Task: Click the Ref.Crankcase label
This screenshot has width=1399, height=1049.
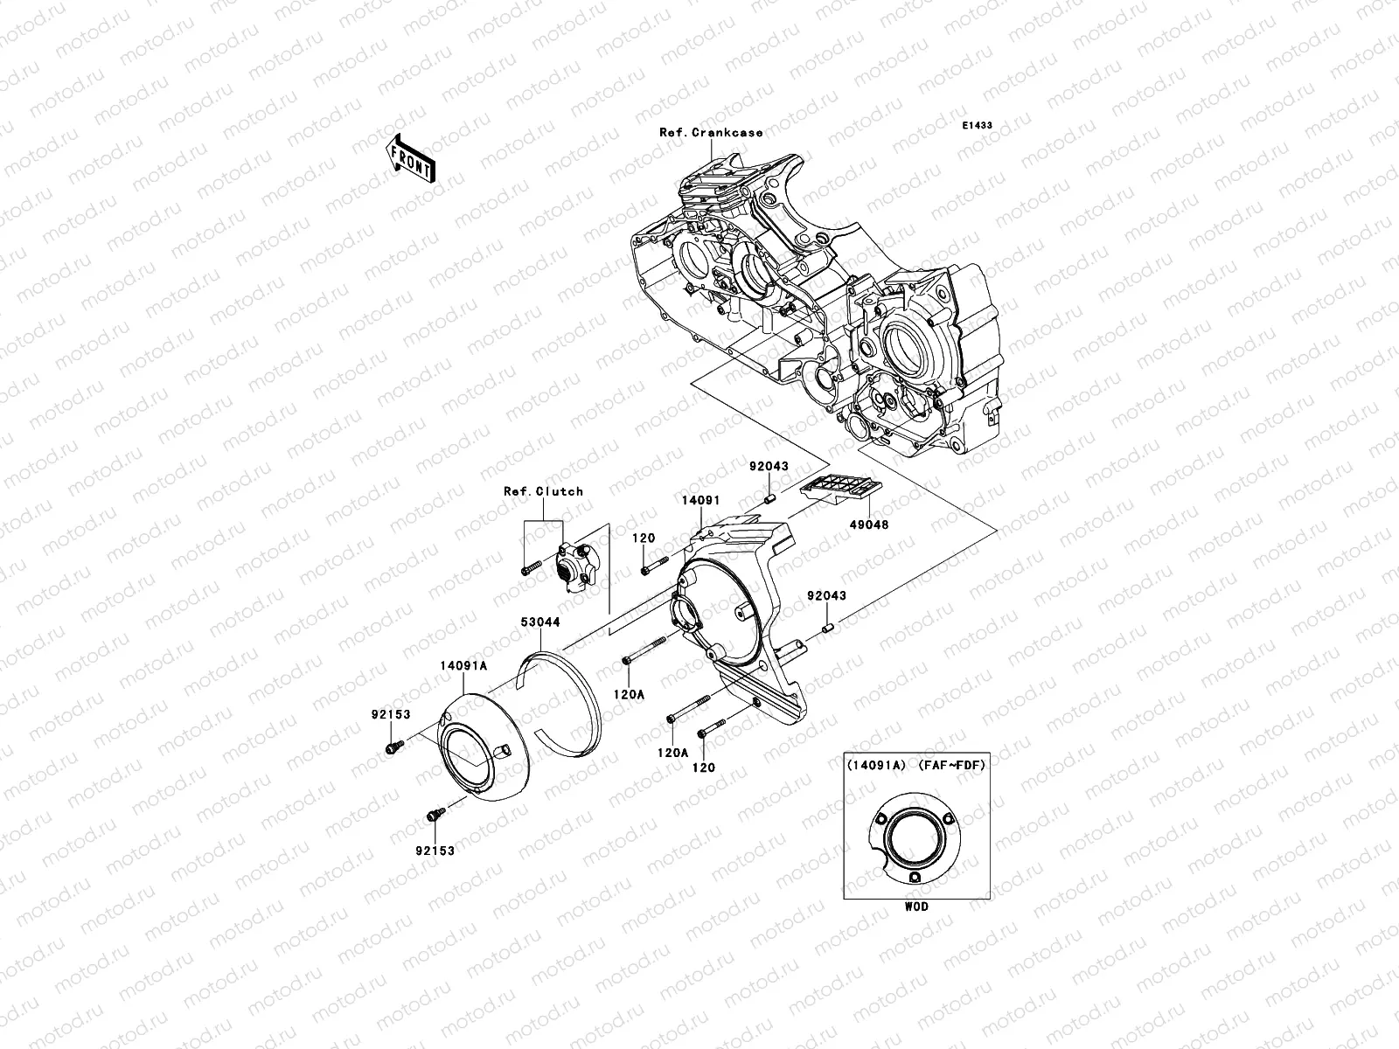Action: pos(711,133)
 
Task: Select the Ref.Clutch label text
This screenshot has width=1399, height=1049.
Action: pos(543,491)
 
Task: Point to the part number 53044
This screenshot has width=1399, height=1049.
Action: pos(539,622)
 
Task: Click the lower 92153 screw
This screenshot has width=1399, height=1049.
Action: pos(434,815)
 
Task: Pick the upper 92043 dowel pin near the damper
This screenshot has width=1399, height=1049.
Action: pos(771,499)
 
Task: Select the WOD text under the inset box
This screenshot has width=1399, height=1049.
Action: pos(916,907)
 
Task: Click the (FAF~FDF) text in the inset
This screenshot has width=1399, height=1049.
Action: pos(951,765)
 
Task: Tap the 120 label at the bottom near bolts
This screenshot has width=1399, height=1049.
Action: pos(704,768)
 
